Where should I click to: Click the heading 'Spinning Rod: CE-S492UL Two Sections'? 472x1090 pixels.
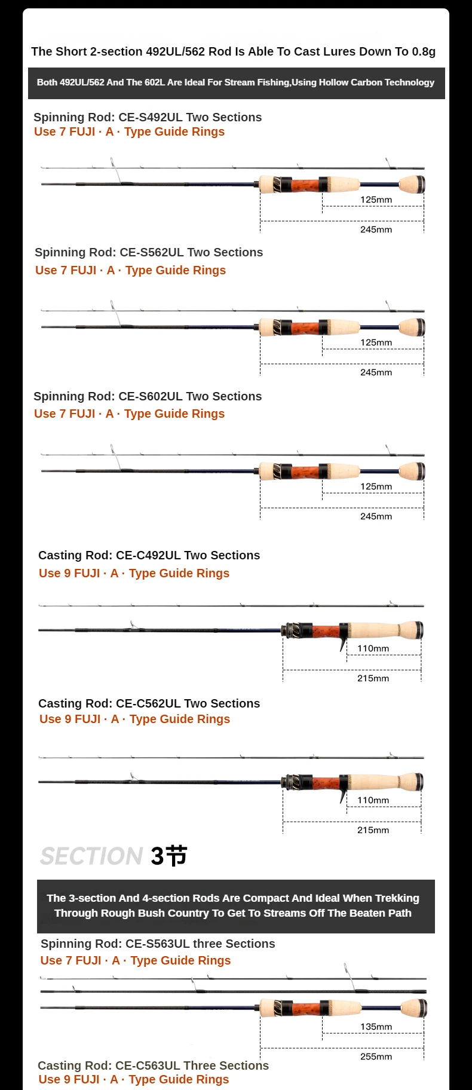coord(148,117)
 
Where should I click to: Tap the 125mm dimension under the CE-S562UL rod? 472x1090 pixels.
coord(376,342)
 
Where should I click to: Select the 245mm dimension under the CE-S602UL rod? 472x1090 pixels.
coord(376,516)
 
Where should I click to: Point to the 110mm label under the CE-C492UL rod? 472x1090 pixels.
coord(373,648)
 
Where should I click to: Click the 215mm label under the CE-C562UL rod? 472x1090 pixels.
coord(373,830)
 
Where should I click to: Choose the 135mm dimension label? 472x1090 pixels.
coord(376,1027)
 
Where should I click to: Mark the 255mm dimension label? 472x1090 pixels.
coord(376,1057)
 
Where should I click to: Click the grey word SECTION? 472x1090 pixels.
coord(91,856)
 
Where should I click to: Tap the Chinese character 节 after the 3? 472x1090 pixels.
coord(176,856)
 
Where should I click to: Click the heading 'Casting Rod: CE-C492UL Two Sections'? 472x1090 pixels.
coord(149,555)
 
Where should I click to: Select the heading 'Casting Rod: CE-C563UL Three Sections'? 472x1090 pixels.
coord(153,1065)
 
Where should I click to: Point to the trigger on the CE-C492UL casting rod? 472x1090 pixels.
coord(344,643)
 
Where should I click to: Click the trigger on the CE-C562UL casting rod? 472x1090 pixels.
coord(344,795)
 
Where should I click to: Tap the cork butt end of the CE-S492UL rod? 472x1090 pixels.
coord(412,185)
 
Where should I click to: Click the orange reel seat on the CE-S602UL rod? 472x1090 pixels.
coord(305,471)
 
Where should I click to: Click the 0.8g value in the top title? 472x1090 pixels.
coord(424,51)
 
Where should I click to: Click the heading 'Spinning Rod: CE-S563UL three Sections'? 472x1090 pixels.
coord(158,944)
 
